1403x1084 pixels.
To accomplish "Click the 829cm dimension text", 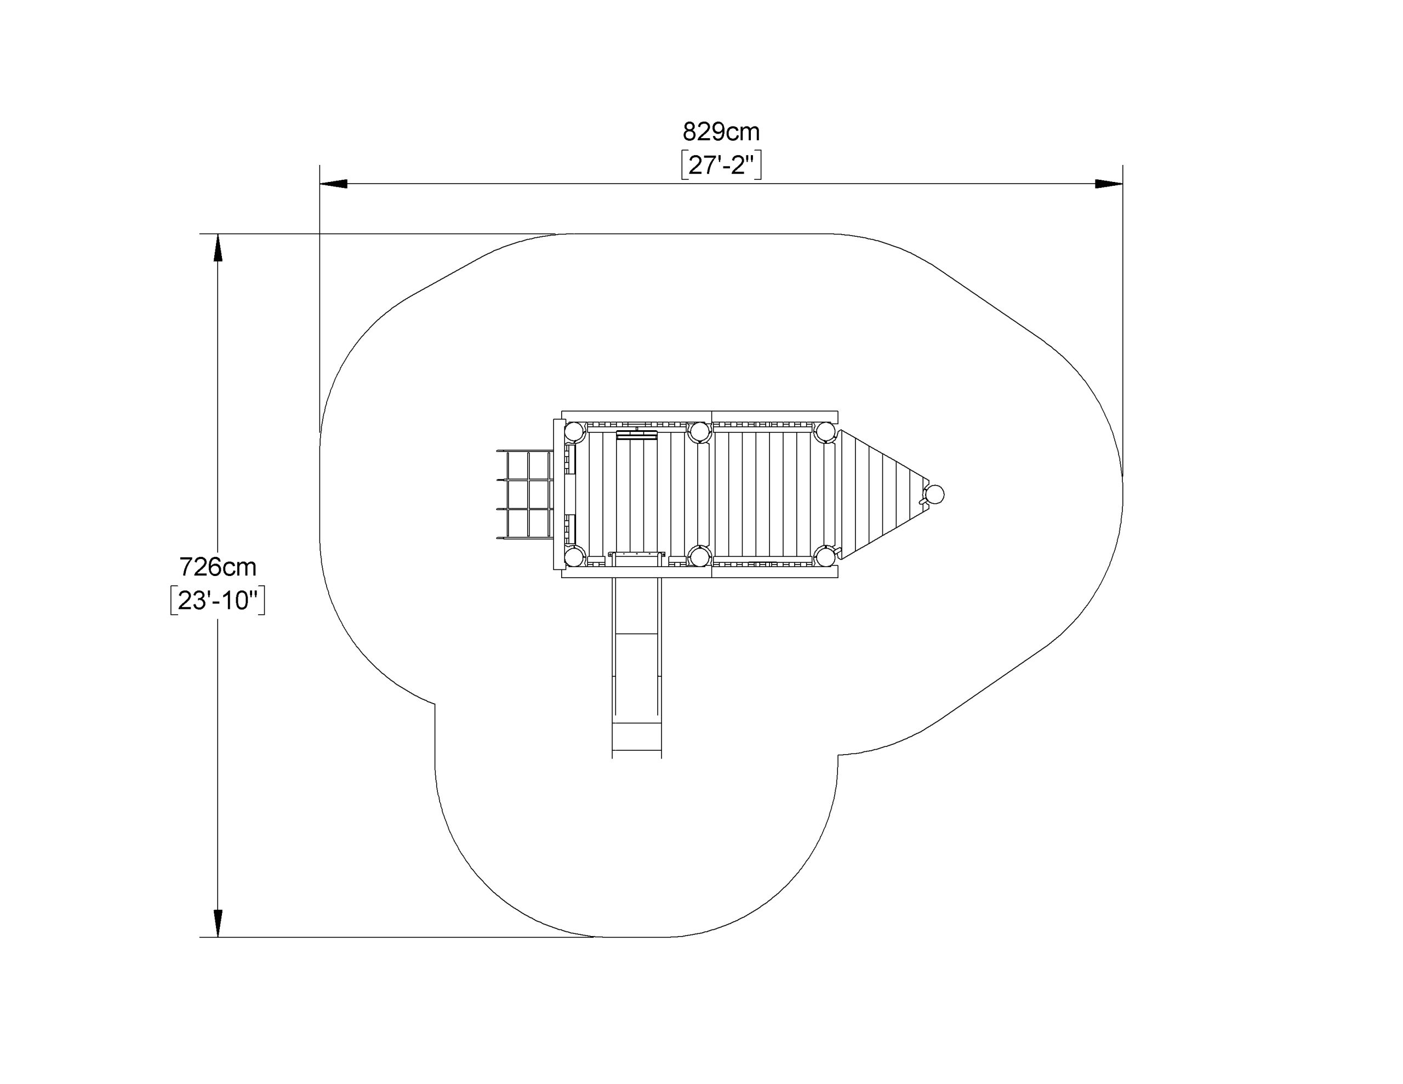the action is pos(721,132).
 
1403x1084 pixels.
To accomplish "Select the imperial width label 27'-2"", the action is pos(721,166).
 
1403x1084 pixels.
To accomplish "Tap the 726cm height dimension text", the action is pos(218,567).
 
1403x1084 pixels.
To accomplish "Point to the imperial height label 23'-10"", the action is pos(218,601).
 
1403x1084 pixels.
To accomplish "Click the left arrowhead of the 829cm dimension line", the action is pos(333,184).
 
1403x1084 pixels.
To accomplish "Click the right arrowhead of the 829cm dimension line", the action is pos(1109,184).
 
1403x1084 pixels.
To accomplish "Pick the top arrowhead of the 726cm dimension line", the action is pos(218,247).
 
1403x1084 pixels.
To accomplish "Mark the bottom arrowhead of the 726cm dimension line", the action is pos(218,923).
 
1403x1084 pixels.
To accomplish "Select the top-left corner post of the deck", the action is pos(574,432).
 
